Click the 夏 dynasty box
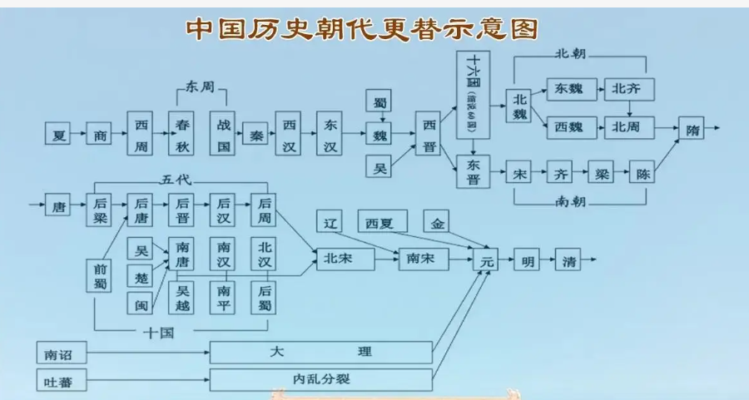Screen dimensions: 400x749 point(59,133)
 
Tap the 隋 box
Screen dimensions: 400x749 point(692,131)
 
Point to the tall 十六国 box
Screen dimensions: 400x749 point(473,95)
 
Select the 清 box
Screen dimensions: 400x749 point(568,260)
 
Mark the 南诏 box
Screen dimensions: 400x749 point(58,353)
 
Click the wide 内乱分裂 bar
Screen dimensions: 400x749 point(321,380)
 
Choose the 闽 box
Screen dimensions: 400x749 point(141,304)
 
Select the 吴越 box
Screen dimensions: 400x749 point(183,297)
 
